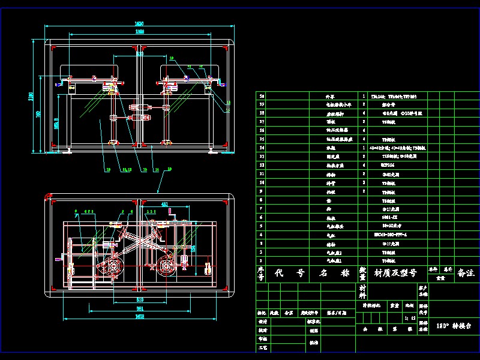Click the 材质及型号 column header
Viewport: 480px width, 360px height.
(395, 273)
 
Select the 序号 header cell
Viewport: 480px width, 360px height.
(260, 274)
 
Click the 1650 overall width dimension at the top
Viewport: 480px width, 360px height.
(139, 23)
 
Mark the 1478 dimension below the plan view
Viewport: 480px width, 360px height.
(139, 316)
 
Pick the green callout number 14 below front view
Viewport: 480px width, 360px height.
(157, 170)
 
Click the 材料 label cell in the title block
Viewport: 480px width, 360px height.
(362, 292)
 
